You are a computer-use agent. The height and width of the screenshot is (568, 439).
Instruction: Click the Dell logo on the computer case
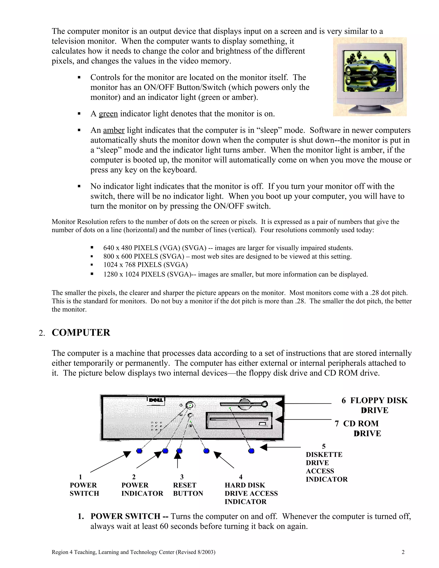(x=156, y=400)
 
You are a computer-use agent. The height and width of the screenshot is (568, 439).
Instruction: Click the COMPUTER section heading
(x=81, y=333)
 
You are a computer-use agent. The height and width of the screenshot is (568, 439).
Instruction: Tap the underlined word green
(x=108, y=114)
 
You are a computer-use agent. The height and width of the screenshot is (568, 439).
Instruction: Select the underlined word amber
(x=114, y=130)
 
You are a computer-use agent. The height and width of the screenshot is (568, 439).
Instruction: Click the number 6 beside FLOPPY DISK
(x=344, y=401)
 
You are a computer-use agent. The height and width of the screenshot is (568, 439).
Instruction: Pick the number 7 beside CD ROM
(x=337, y=424)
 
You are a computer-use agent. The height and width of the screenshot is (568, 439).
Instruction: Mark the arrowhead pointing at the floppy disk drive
(x=279, y=403)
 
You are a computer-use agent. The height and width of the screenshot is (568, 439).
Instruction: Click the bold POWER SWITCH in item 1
(x=125, y=516)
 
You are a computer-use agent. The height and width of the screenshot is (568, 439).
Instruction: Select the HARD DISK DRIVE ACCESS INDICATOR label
(x=251, y=493)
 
